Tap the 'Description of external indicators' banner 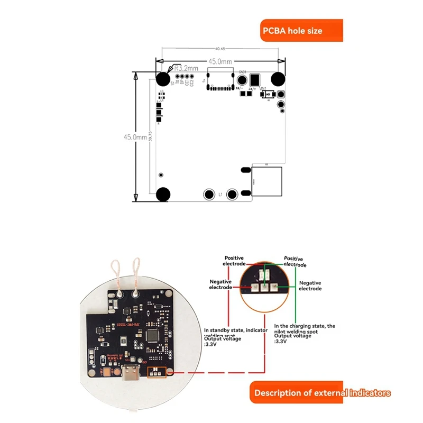click(322, 393)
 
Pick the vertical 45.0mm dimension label click(135, 136)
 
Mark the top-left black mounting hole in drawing click(164, 79)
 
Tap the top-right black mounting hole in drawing click(278, 79)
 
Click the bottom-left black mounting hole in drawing click(164, 195)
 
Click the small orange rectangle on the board click(157, 372)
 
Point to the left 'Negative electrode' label click(220, 285)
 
